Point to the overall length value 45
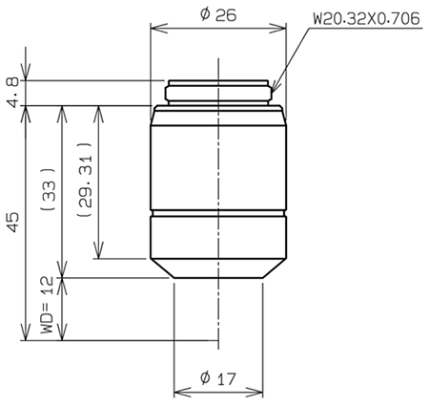tap(11, 222)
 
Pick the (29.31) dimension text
tap(83, 185)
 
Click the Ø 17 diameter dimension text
tap(218, 378)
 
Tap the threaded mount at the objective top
tap(220, 92)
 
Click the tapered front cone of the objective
tap(219, 267)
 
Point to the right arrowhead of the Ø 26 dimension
tap(281, 26)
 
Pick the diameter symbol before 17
tap(204, 378)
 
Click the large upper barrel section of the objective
tap(219, 162)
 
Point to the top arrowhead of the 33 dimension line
tap(62, 109)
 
